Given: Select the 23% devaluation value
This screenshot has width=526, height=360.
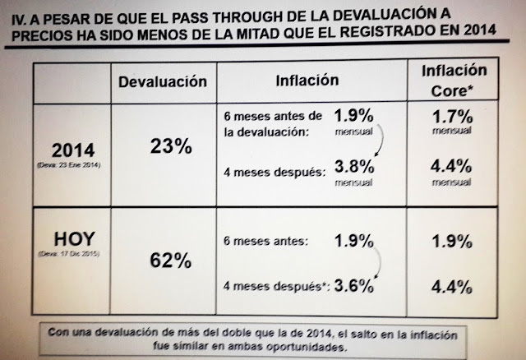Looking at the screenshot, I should (171, 147).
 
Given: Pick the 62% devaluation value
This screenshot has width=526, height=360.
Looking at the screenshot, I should (171, 261).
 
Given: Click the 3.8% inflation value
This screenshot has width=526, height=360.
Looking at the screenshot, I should (355, 170).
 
